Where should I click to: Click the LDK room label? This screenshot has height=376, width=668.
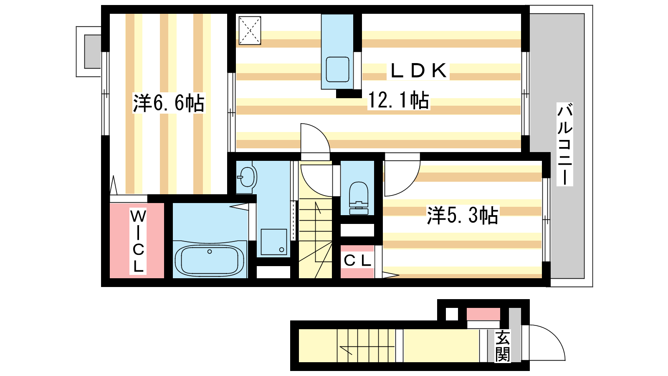[418, 71]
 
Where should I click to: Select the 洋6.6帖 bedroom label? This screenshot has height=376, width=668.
[169, 103]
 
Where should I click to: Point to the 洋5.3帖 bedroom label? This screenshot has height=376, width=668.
[463, 215]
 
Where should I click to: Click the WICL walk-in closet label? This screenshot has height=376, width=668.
[138, 241]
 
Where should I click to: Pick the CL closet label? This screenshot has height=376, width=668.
[357, 261]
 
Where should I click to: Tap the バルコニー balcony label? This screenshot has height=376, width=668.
[565, 144]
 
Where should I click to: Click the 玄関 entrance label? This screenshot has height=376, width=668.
[503, 346]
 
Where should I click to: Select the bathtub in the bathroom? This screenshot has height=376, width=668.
[210, 259]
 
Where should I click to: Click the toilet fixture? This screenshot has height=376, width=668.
[359, 198]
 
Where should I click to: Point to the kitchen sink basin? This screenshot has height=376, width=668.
[337, 69]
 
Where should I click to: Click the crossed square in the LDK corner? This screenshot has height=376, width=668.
[250, 30]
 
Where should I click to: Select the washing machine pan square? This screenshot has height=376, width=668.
[274, 242]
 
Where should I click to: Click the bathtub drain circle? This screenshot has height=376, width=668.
[210, 252]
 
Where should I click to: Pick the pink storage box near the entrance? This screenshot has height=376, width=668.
[483, 314]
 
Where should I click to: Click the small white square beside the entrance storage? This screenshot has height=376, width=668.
[452, 314]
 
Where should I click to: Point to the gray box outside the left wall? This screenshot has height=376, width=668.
[92, 52]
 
